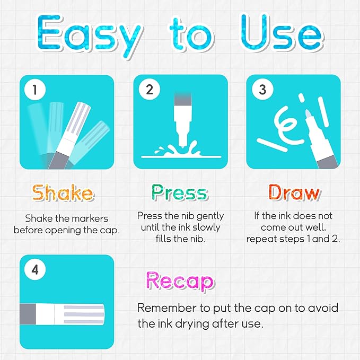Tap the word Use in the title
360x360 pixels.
click(x=282, y=32)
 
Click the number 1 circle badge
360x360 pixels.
click(x=35, y=89)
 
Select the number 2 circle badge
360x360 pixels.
click(x=149, y=89)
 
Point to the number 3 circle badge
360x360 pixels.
click(x=262, y=89)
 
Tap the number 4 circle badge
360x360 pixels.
click(x=35, y=269)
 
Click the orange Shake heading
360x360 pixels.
click(x=63, y=192)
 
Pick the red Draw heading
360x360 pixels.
click(x=294, y=192)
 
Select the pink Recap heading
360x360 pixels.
click(x=180, y=280)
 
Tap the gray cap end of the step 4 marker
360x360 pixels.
click(x=28, y=314)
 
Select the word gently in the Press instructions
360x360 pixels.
click(x=210, y=216)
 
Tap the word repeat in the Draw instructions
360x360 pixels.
click(x=259, y=239)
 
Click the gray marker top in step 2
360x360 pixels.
click(x=183, y=99)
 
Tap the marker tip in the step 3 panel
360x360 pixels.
click(x=308, y=113)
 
